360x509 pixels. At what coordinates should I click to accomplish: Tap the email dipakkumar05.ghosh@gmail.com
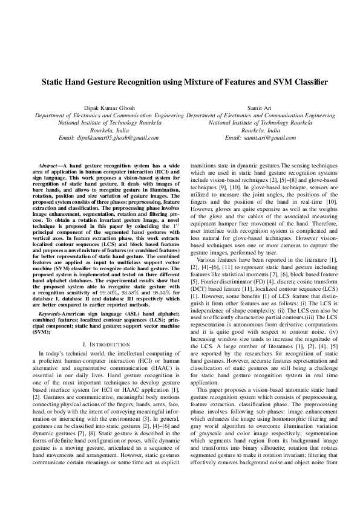[x=109, y=138]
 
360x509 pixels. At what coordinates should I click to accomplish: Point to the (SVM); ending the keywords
[x=41, y=315]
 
